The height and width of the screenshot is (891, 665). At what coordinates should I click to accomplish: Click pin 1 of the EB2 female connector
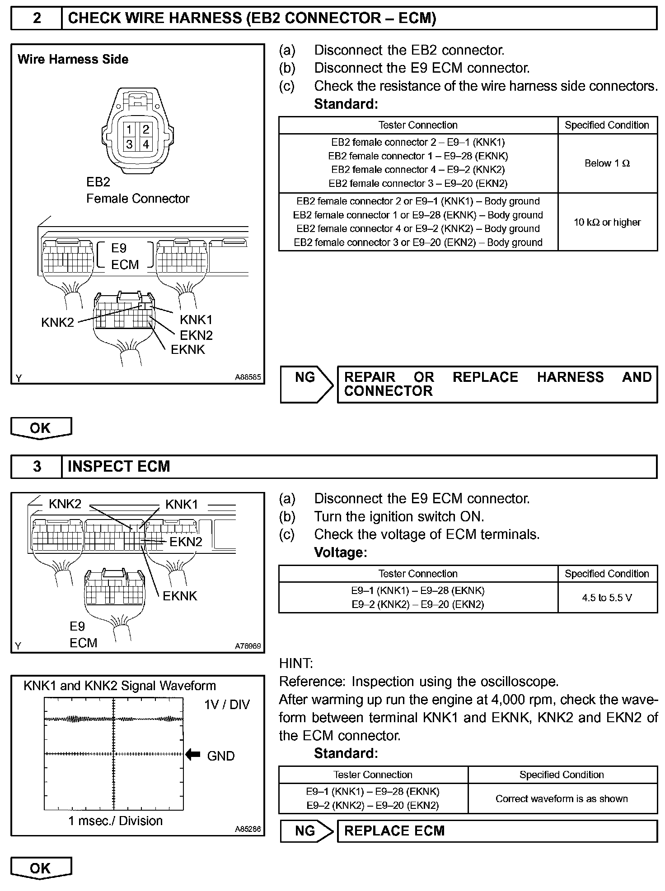[129, 130]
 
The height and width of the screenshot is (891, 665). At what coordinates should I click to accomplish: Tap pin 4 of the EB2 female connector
[146, 144]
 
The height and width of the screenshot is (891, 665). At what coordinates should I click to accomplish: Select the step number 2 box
[37, 18]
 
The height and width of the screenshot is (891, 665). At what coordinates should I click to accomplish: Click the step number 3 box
[37, 466]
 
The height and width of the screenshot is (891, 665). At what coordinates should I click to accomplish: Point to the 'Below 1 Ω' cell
[607, 163]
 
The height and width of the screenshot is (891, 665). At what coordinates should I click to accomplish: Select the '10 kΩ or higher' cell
[607, 222]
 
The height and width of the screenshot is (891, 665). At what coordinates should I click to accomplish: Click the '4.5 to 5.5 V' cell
[607, 598]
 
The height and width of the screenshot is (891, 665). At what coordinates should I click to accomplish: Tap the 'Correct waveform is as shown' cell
[562, 798]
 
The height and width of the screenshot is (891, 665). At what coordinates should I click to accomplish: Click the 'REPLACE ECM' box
[497, 831]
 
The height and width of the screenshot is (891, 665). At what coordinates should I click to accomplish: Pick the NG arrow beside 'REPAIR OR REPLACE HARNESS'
[306, 384]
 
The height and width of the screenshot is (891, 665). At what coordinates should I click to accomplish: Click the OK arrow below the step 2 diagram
[41, 428]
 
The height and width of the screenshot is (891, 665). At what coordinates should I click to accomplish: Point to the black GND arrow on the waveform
[193, 754]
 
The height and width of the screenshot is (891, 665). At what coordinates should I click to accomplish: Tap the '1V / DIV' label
[227, 705]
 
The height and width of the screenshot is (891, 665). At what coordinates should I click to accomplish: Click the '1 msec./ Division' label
[115, 821]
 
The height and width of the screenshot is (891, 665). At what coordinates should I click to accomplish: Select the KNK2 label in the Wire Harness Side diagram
[57, 322]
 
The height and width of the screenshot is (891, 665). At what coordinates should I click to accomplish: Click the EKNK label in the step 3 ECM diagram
[180, 596]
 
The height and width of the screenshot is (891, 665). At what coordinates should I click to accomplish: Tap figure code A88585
[248, 377]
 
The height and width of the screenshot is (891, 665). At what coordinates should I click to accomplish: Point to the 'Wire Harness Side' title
[73, 59]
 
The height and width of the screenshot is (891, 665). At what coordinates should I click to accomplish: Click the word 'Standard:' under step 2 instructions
[346, 104]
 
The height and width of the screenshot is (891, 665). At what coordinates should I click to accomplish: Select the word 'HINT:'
[296, 663]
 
